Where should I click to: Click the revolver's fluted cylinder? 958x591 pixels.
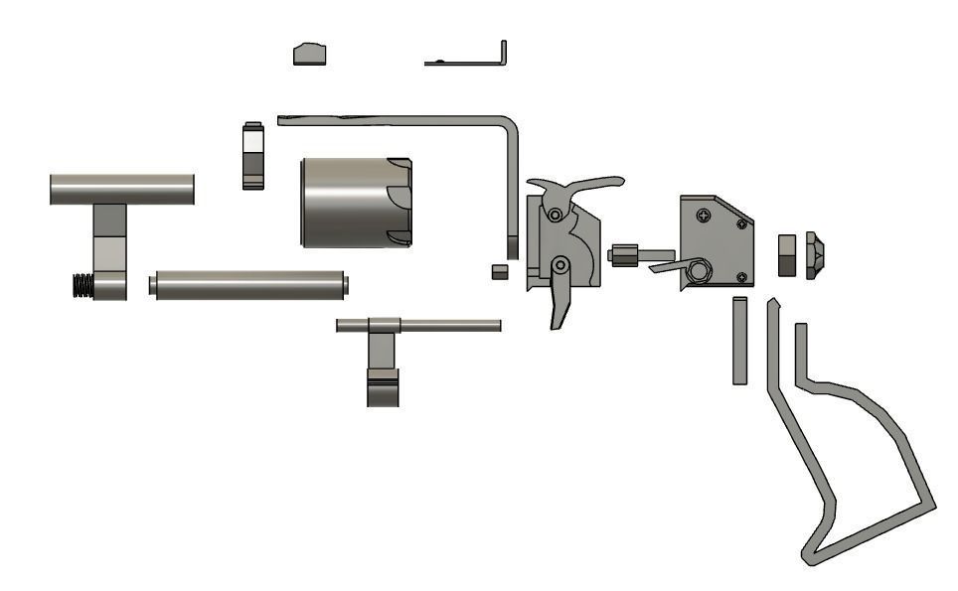[x=353, y=202]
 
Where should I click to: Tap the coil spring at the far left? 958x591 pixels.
[x=83, y=286]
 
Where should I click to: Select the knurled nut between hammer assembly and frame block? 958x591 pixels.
[x=623, y=255]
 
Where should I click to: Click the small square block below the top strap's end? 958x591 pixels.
[x=500, y=270]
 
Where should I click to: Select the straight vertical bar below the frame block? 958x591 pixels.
[x=739, y=340]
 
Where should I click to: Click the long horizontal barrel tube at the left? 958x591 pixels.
[x=121, y=189]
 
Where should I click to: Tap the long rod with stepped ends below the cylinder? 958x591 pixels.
[x=248, y=285]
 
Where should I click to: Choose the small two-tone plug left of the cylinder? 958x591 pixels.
[x=252, y=155]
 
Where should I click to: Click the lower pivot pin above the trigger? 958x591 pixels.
[x=561, y=264]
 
